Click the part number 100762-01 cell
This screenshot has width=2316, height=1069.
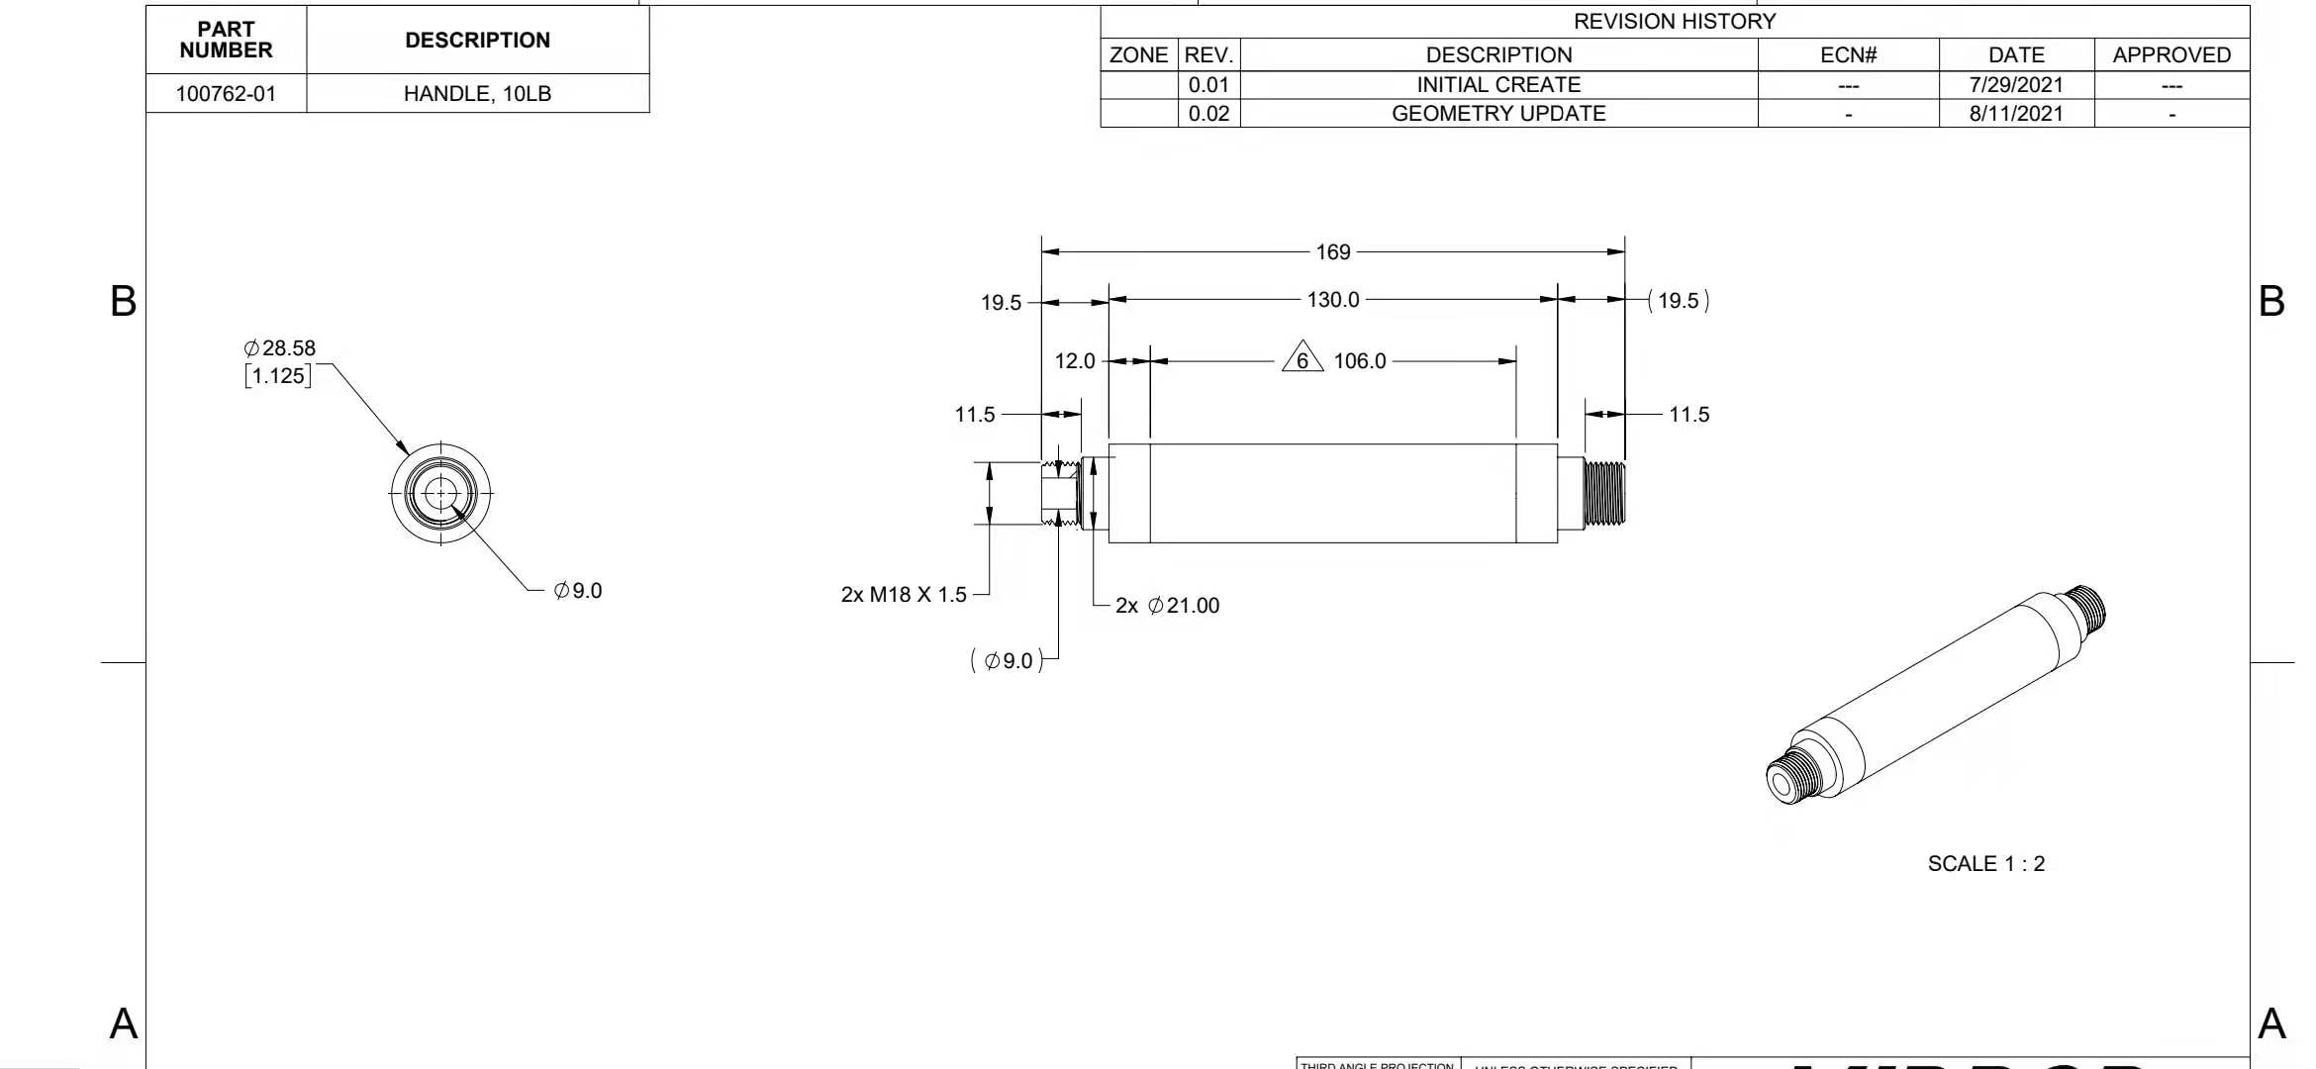pos(226,94)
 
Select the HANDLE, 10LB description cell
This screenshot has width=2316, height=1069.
pos(477,94)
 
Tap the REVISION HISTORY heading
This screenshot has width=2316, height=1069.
pos(1674,21)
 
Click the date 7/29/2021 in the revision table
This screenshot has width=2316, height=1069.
pos(2015,85)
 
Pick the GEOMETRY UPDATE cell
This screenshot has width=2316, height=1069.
pos(1497,114)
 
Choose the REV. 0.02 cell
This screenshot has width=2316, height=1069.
pos(1208,114)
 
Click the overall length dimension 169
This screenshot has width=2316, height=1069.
pos(1332,252)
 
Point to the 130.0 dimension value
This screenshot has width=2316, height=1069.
pos(1332,300)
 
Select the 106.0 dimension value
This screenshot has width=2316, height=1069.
pos(1359,361)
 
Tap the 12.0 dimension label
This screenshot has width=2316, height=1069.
pos(1075,361)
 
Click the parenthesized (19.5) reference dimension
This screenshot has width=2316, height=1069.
pos(1678,301)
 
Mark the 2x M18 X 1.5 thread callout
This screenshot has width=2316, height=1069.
pos(903,595)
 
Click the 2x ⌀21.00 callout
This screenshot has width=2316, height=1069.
pos(1167,606)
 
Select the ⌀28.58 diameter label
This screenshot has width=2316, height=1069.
pos(280,348)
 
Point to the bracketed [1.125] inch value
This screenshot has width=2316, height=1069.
pos(278,376)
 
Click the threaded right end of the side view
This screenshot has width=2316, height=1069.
pos(1604,493)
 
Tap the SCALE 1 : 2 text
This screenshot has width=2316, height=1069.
pos(1985,864)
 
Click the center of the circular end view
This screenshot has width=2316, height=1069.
pos(440,493)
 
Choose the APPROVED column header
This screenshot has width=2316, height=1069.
pos(2171,55)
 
